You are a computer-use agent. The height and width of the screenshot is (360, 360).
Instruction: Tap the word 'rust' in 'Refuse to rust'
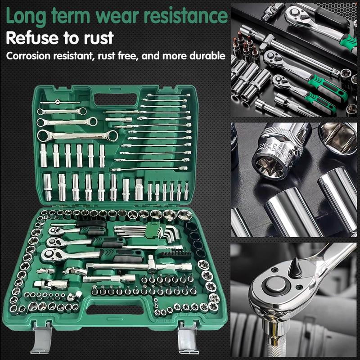[99, 38]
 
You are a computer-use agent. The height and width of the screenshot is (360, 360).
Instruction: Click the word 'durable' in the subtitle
[207, 55]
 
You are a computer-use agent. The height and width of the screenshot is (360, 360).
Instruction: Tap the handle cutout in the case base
[115, 309]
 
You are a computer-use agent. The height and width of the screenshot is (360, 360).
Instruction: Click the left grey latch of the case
[42, 337]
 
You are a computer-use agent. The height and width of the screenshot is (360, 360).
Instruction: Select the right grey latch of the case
[187, 337]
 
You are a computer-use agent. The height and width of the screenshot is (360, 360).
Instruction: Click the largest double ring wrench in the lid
[77, 136]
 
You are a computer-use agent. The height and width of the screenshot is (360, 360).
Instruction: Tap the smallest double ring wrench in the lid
[62, 112]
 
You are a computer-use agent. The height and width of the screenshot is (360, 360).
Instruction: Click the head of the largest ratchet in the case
[51, 254]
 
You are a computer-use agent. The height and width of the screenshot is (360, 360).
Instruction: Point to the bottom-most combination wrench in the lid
[149, 169]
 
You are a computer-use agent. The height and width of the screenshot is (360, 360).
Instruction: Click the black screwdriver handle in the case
[91, 223]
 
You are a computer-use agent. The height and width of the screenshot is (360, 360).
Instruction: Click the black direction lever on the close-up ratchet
[295, 267]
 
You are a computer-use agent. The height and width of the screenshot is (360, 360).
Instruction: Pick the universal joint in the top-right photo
[271, 11]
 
